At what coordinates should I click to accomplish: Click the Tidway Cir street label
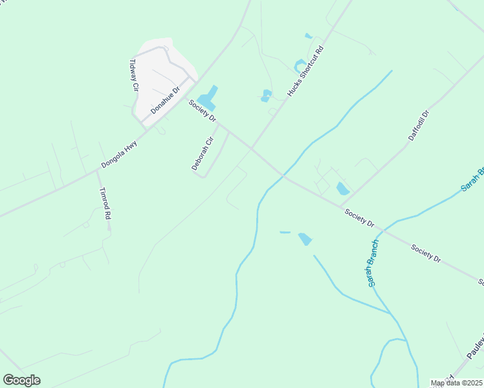point(134,74)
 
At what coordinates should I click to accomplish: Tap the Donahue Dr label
point(164,100)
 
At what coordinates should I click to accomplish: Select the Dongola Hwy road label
point(119,155)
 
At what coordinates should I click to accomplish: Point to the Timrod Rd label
point(104,204)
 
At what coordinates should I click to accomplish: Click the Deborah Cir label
point(202,153)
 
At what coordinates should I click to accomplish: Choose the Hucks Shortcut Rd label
point(305,70)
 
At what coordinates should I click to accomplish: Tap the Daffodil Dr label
point(419,126)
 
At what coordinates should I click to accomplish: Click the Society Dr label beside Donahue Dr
point(203,111)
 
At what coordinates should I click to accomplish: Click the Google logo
point(21,380)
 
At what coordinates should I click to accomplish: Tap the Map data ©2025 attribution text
point(457,383)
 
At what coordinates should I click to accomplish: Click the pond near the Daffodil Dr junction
point(342,189)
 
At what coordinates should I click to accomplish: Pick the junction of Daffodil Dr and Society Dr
point(340,206)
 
